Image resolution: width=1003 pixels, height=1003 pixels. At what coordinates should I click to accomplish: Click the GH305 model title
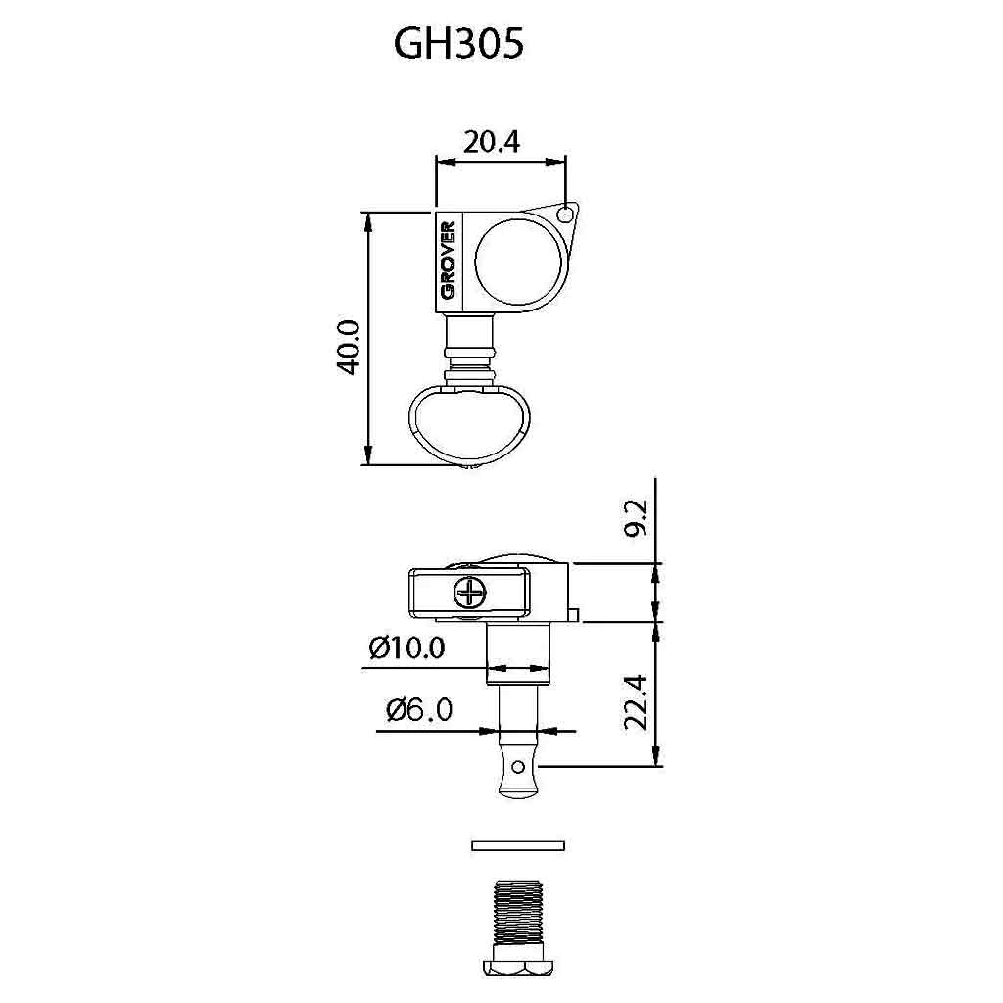(x=458, y=44)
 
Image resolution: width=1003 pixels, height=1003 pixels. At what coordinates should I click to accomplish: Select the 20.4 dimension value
(x=492, y=141)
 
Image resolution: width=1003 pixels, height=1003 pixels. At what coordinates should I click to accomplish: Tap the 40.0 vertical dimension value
(x=350, y=347)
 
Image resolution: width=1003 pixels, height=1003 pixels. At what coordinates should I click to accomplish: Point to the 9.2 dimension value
(x=637, y=518)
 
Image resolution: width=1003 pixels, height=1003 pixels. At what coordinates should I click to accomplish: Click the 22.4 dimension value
(x=637, y=702)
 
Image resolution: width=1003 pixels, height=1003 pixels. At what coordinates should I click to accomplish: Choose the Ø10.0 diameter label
(x=406, y=648)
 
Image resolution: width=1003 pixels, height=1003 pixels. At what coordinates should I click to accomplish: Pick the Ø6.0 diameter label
(x=419, y=709)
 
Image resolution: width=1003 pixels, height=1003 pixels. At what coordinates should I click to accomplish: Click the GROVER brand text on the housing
(x=448, y=261)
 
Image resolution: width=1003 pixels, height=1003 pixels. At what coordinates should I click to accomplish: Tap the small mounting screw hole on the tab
(x=565, y=215)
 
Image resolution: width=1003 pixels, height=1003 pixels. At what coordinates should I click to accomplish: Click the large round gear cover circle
(x=518, y=263)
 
